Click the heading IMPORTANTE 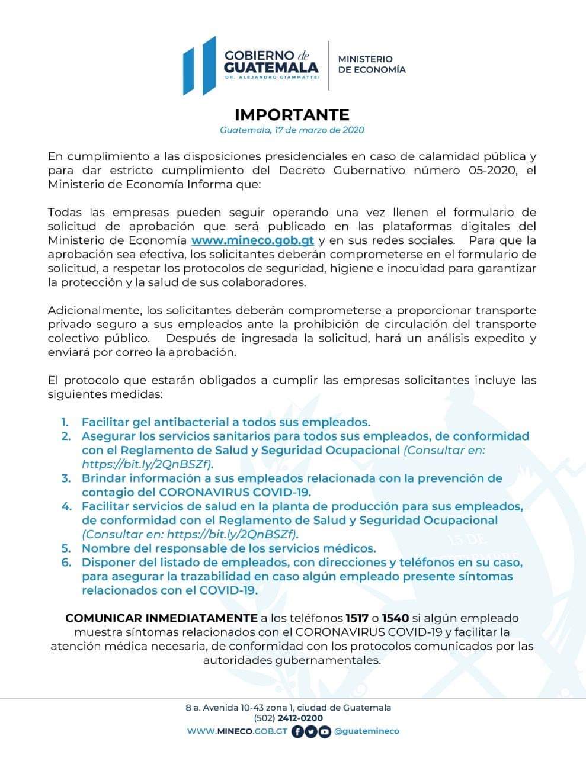(x=292, y=114)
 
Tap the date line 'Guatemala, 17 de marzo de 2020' (x=292, y=130)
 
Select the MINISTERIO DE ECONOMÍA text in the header (x=372, y=64)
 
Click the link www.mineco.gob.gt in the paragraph (x=252, y=240)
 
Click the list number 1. (x=65, y=422)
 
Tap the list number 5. (x=65, y=548)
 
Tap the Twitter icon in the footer (x=311, y=731)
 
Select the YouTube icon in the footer (x=325, y=731)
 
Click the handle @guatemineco (x=367, y=731)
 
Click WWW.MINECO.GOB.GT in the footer (x=237, y=731)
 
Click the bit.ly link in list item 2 (x=147, y=464)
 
